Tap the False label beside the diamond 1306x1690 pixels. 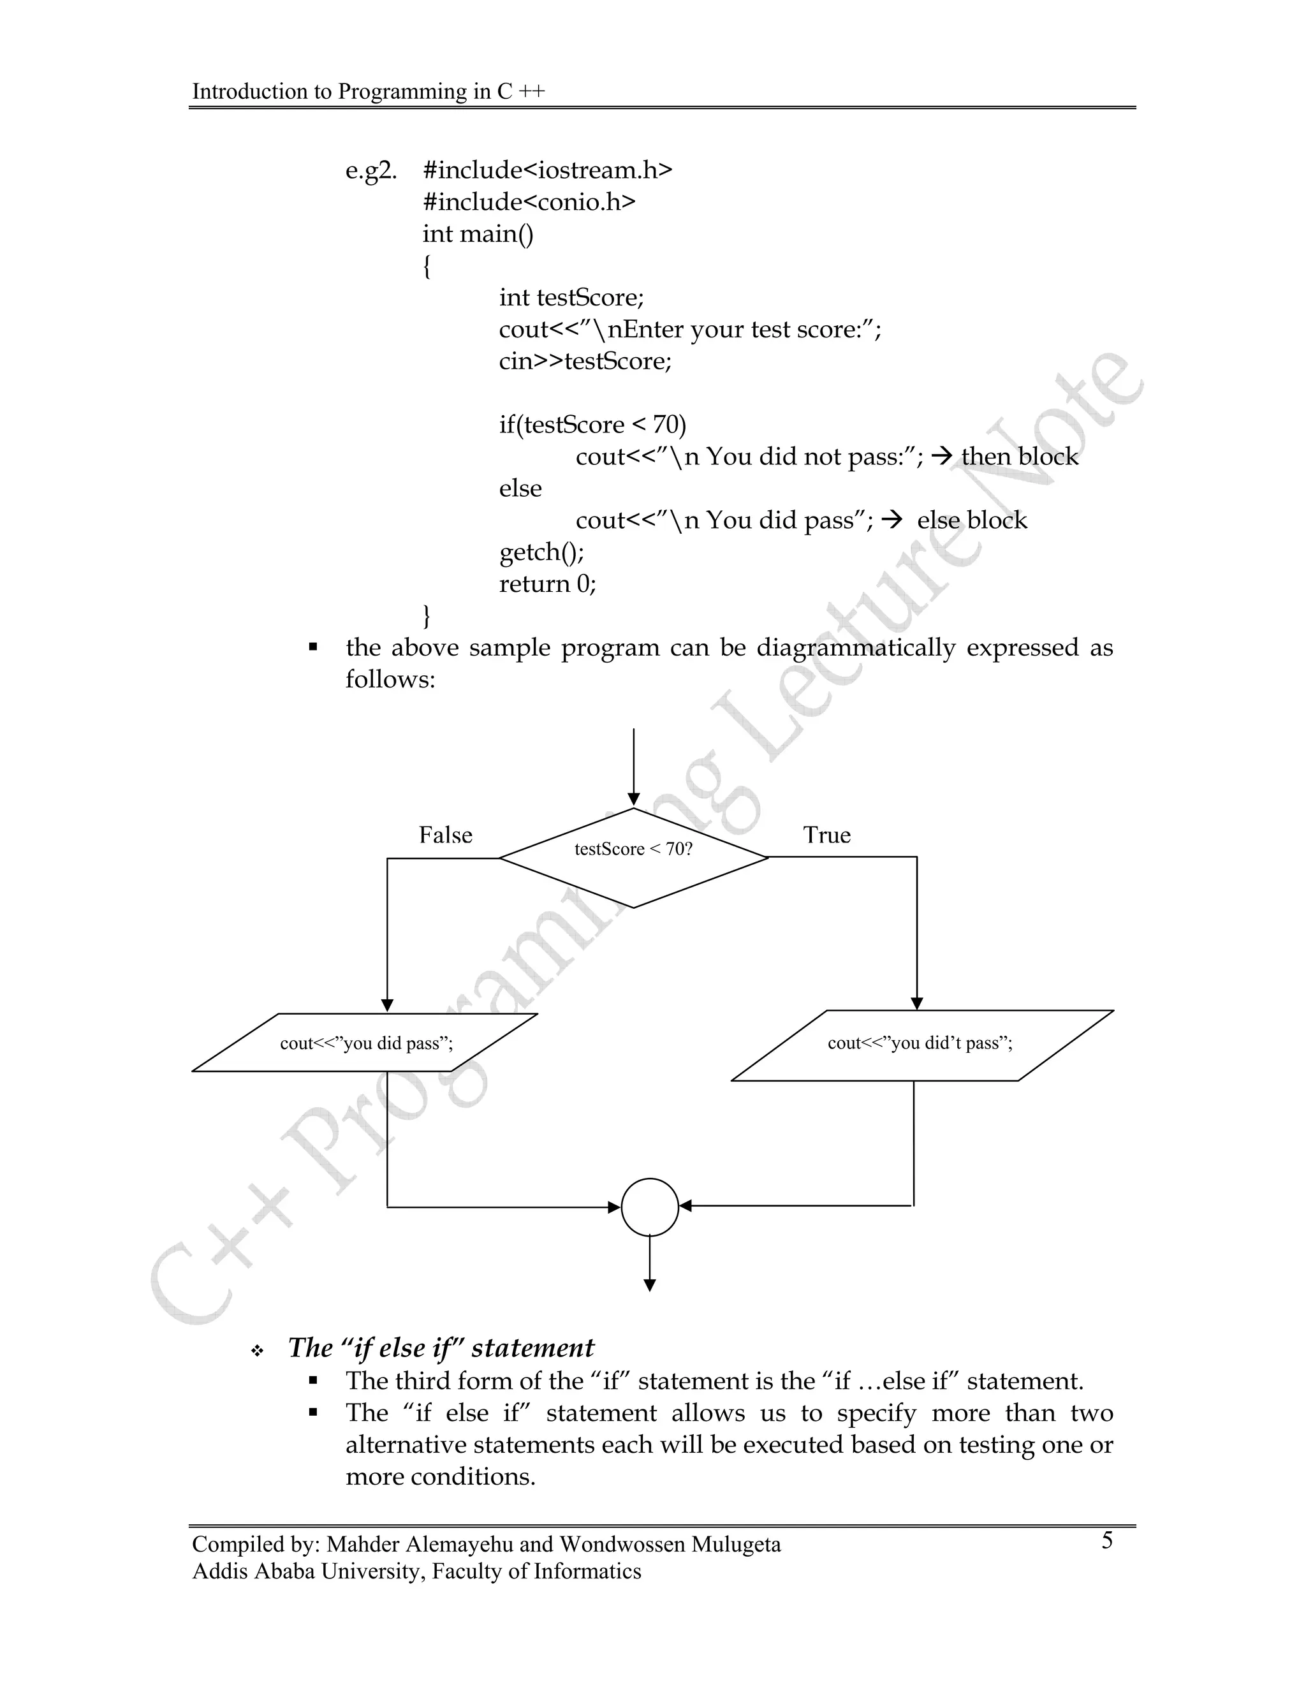[446, 835]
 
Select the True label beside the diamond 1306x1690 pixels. [826, 835]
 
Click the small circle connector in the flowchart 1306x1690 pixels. [650, 1207]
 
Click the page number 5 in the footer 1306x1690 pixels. [1107, 1541]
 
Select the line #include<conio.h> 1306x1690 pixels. [529, 202]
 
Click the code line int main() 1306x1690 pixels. [478, 233]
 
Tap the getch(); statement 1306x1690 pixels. [541, 552]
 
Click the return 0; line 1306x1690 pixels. [548, 584]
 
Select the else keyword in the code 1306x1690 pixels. [520, 489]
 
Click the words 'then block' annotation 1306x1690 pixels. [1019, 457]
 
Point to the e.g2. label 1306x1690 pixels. [371, 170]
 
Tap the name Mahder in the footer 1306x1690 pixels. [363, 1545]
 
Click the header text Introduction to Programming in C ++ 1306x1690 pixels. [369, 91]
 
